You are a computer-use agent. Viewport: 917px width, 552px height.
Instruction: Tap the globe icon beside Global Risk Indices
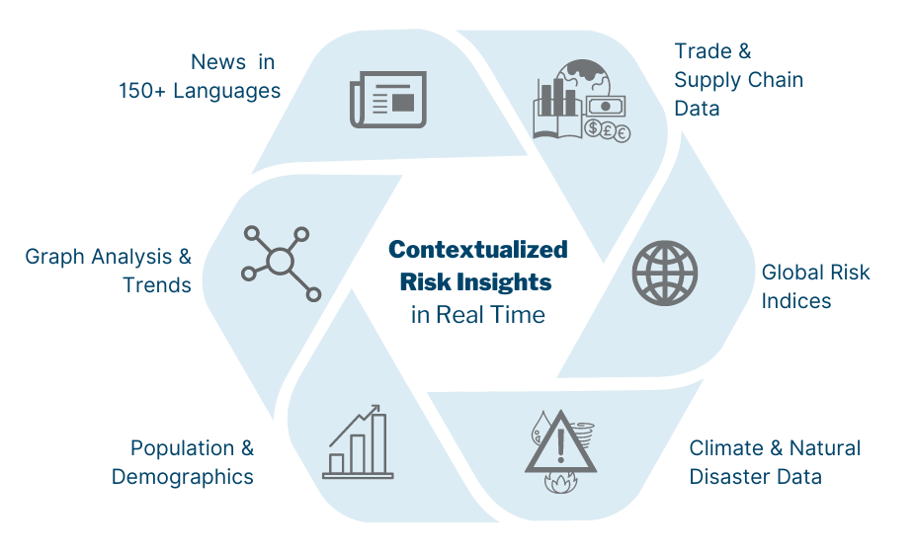pyautogui.click(x=664, y=274)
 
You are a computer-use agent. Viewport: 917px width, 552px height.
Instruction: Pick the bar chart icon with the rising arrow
pyautogui.click(x=357, y=442)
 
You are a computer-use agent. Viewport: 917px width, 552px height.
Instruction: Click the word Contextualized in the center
pyautogui.click(x=478, y=249)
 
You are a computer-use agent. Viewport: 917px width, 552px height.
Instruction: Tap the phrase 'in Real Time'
pyautogui.click(x=478, y=315)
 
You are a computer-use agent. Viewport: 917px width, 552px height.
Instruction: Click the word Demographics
pyautogui.click(x=183, y=477)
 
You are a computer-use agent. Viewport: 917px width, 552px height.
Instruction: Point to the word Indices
pyautogui.click(x=796, y=300)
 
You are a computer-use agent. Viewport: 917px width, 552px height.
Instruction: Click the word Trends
pyautogui.click(x=157, y=285)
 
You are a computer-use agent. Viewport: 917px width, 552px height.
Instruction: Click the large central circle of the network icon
pyautogui.click(x=281, y=262)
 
